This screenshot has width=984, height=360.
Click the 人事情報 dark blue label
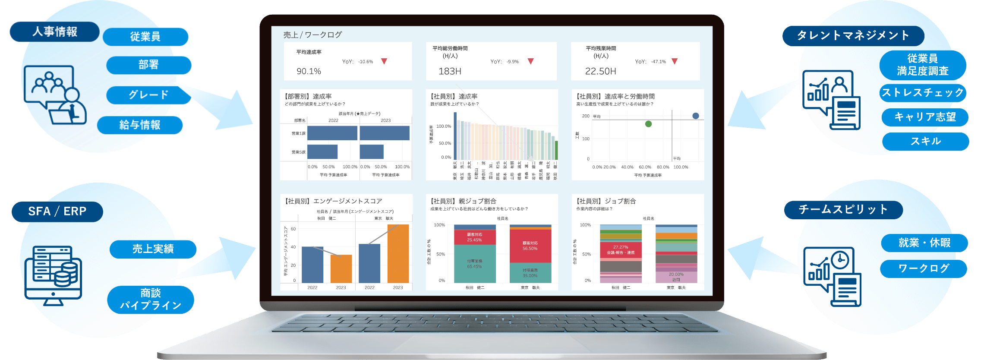[x=54, y=32]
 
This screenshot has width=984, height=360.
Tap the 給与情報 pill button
[x=140, y=125]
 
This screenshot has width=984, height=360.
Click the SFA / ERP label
[x=57, y=212]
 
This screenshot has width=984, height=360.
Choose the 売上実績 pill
[x=153, y=249]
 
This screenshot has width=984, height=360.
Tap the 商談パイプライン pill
[x=151, y=300]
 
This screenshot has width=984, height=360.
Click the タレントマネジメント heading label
[x=853, y=36]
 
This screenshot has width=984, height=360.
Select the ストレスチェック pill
[x=922, y=93]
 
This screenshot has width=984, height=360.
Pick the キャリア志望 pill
[x=924, y=117]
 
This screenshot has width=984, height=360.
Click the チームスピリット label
[x=843, y=210]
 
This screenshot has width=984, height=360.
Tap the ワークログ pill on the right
[x=924, y=268]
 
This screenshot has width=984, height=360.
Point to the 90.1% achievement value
[x=309, y=71]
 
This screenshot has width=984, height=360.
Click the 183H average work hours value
[x=450, y=71]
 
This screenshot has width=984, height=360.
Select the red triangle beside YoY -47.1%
[x=675, y=61]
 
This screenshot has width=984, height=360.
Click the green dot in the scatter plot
[x=648, y=124]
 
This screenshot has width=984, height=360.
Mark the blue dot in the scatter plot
[x=696, y=116]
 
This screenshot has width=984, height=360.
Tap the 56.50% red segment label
[x=530, y=246]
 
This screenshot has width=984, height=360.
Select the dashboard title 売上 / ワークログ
[x=312, y=35]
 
